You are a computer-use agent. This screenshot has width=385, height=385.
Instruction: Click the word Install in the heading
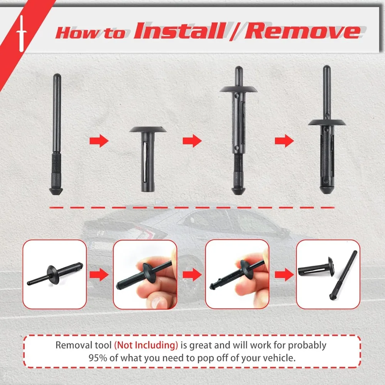pos(178,31)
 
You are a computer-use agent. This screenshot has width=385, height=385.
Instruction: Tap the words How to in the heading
pos(90,33)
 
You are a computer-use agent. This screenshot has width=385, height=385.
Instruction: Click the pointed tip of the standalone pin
pos(57,191)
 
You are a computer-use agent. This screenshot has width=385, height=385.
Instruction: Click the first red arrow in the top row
pos(99,141)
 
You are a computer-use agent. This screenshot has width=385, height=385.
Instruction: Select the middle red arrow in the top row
pos(192,141)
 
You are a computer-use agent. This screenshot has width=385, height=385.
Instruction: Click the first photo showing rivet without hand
pos(54,274)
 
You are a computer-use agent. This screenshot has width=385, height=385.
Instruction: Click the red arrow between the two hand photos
pos(191,274)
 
